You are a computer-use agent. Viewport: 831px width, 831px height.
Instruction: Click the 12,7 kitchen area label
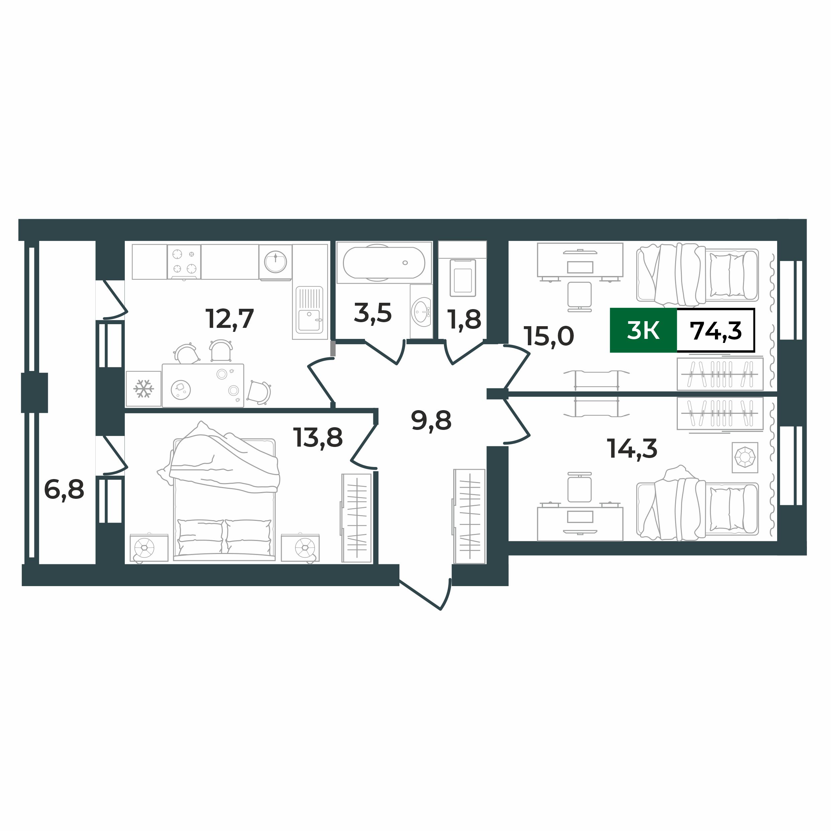(230, 319)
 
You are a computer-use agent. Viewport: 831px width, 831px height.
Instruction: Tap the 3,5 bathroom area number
(372, 313)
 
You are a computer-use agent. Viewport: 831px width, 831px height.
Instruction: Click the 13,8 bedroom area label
(318, 438)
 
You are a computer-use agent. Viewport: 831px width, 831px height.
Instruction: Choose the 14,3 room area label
(632, 449)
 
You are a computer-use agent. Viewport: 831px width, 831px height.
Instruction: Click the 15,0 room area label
(549, 336)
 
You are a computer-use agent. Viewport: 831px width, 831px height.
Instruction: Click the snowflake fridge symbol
(143, 389)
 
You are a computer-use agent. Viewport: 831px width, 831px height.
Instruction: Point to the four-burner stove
(184, 262)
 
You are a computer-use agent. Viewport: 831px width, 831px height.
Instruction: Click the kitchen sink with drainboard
(309, 309)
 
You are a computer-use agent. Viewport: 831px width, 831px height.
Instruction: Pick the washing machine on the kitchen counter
(275, 262)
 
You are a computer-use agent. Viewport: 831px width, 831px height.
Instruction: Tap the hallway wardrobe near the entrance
(469, 516)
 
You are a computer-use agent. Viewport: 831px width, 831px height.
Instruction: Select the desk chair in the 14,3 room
(579, 488)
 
